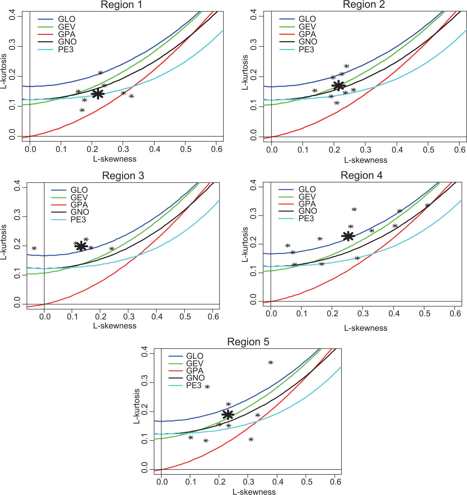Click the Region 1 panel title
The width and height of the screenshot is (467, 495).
click(x=121, y=5)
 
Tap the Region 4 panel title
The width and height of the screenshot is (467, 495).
click(x=361, y=175)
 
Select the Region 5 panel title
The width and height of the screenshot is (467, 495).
click(x=248, y=342)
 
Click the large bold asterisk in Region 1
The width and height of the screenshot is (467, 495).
click(x=98, y=94)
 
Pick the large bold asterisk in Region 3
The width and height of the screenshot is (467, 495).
click(x=81, y=246)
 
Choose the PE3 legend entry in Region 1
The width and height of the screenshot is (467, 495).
click(x=66, y=50)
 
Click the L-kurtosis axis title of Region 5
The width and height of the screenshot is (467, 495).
click(x=137, y=406)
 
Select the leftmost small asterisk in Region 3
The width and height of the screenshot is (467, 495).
click(x=34, y=248)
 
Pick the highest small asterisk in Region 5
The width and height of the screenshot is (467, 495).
click(x=270, y=362)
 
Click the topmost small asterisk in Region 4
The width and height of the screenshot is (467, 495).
click(x=354, y=209)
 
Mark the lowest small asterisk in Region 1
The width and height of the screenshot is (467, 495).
click(x=82, y=110)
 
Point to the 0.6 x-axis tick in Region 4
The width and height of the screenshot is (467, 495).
click(x=455, y=314)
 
